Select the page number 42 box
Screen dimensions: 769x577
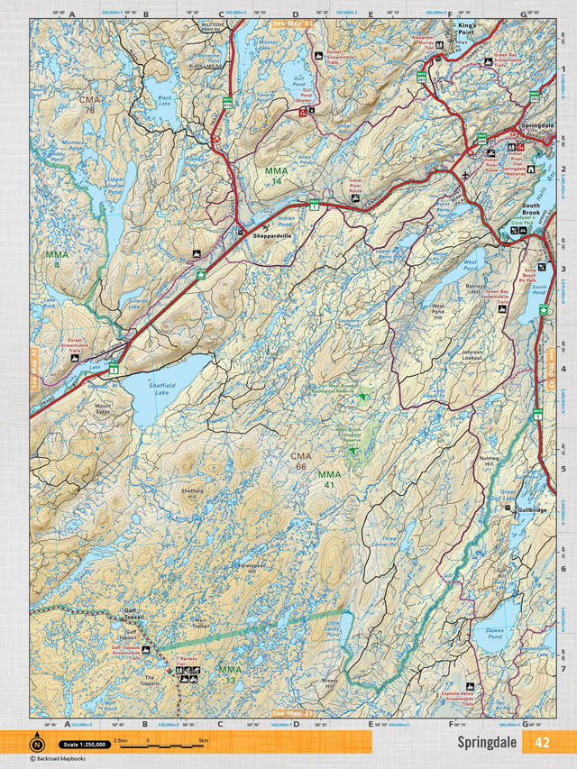click(541, 743)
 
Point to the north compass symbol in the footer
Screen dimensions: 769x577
click(37, 744)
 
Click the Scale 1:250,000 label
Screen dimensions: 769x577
click(84, 745)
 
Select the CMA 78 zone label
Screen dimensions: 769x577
click(90, 103)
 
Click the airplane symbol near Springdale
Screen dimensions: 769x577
click(464, 173)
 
